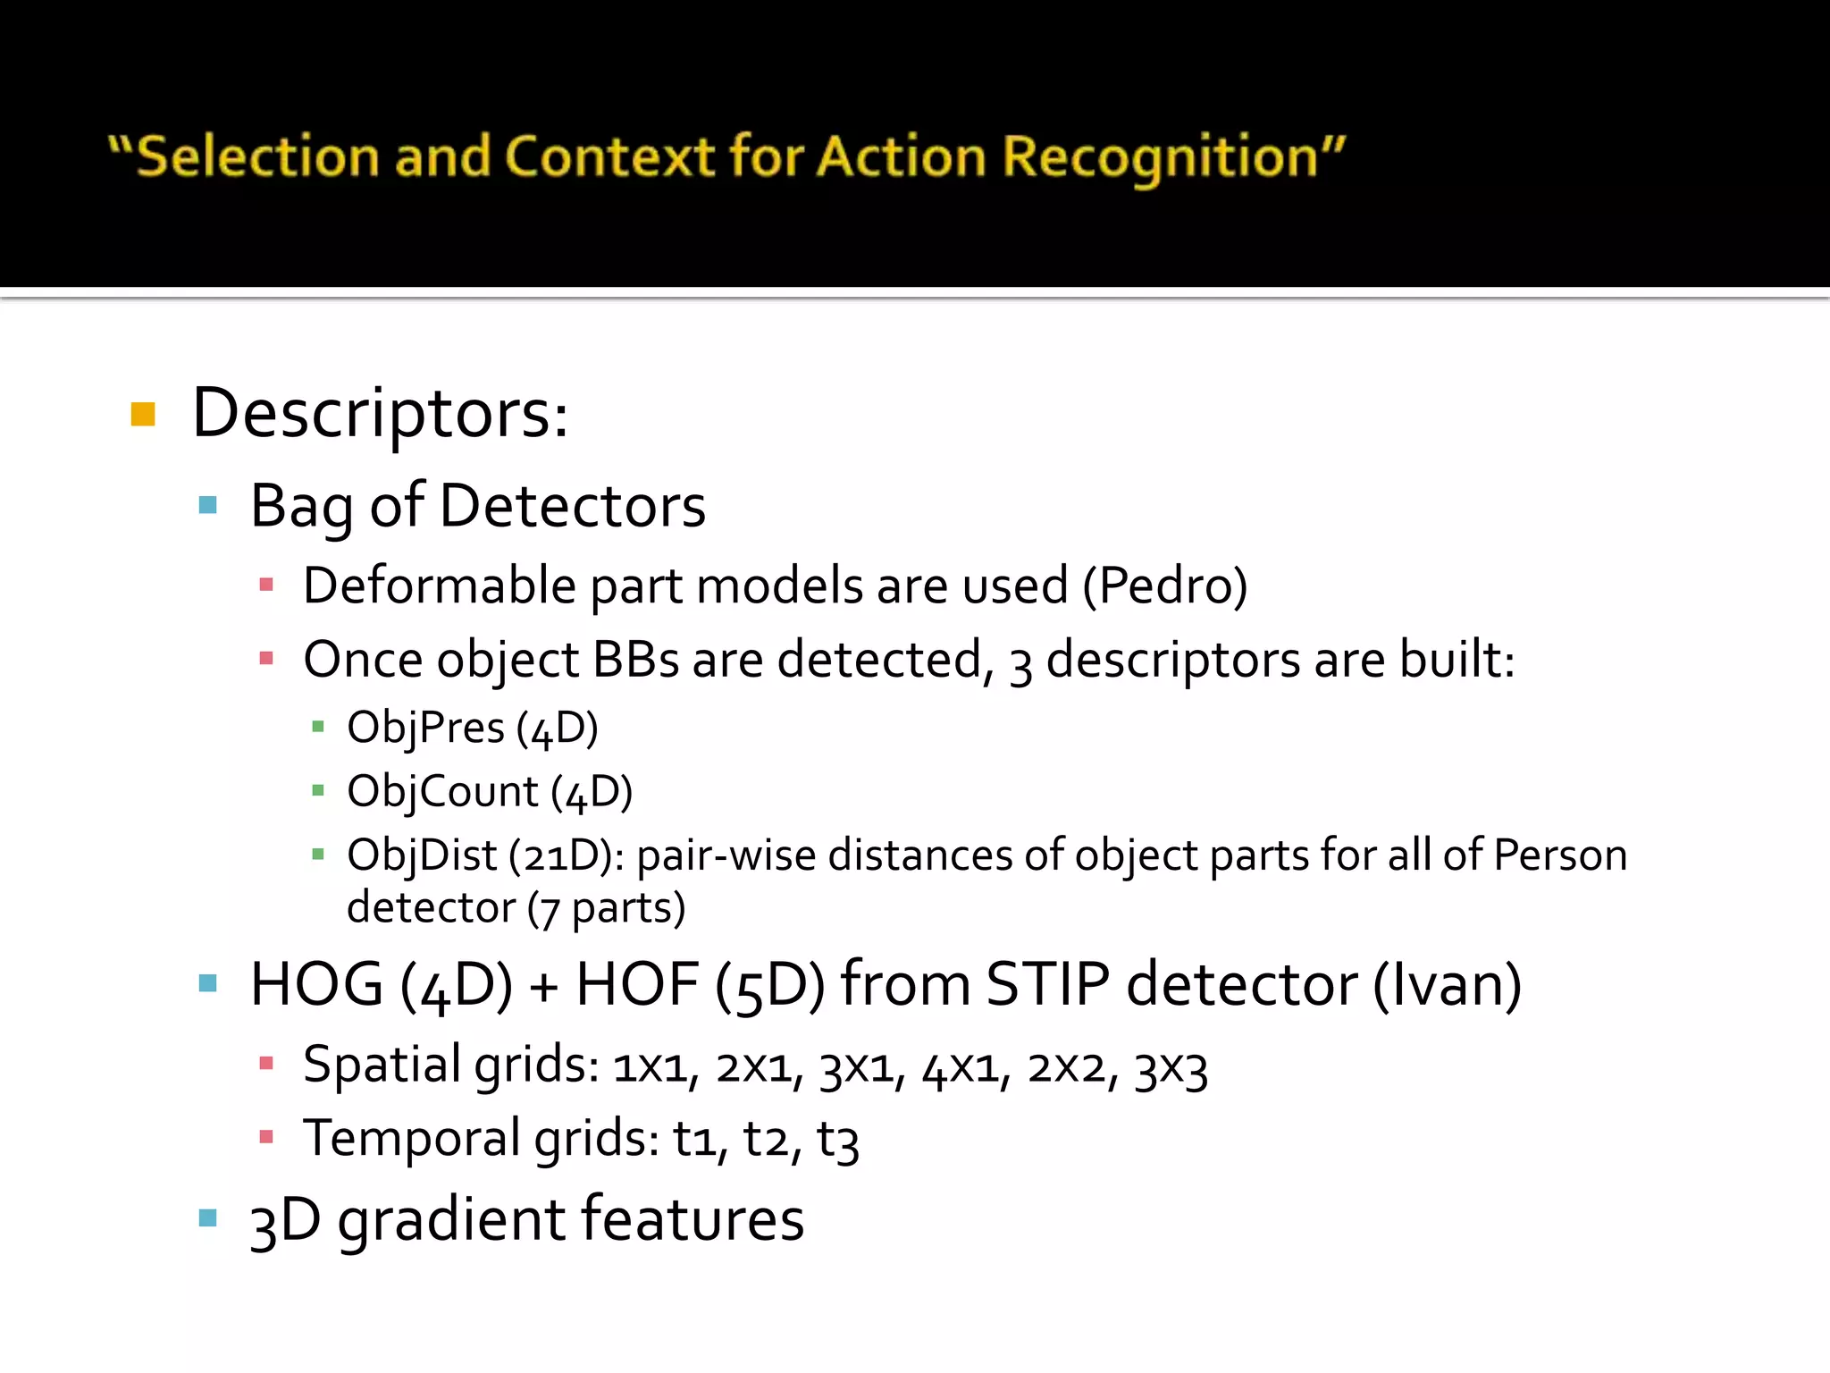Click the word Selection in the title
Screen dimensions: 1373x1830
tap(257, 157)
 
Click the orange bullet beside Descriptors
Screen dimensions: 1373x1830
tap(143, 415)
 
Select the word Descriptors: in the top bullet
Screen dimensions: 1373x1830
tap(381, 415)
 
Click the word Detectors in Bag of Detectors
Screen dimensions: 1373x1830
tap(573, 507)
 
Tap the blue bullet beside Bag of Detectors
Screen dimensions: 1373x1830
tap(208, 505)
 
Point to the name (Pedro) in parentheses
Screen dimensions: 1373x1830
tap(1165, 587)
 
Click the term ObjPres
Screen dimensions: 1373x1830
tap(425, 728)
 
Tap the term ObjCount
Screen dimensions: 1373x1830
tap(442, 792)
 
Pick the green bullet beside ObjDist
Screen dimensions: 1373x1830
tap(317, 855)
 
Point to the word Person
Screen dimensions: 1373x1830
tap(1560, 855)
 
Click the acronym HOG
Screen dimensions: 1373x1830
tap(316, 985)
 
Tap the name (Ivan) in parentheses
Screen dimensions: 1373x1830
tap(1447, 985)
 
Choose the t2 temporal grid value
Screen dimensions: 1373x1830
tap(766, 1141)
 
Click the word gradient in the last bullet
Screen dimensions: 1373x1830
tap(451, 1221)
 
